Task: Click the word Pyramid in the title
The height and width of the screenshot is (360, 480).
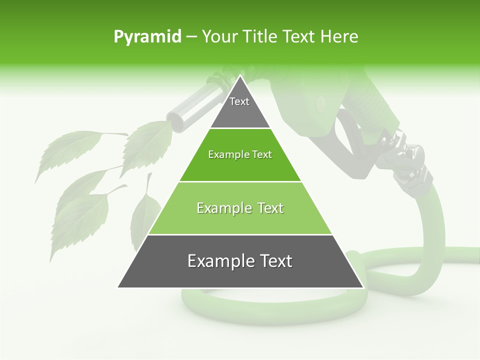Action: click(147, 37)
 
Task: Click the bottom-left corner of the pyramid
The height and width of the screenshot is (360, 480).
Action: click(118, 287)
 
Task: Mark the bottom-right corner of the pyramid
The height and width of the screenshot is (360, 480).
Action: click(362, 287)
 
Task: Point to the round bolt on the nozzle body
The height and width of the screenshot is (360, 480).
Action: click(320, 103)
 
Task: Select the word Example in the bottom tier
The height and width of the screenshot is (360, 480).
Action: click(217, 261)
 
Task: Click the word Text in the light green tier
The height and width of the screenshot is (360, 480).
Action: click(267, 208)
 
